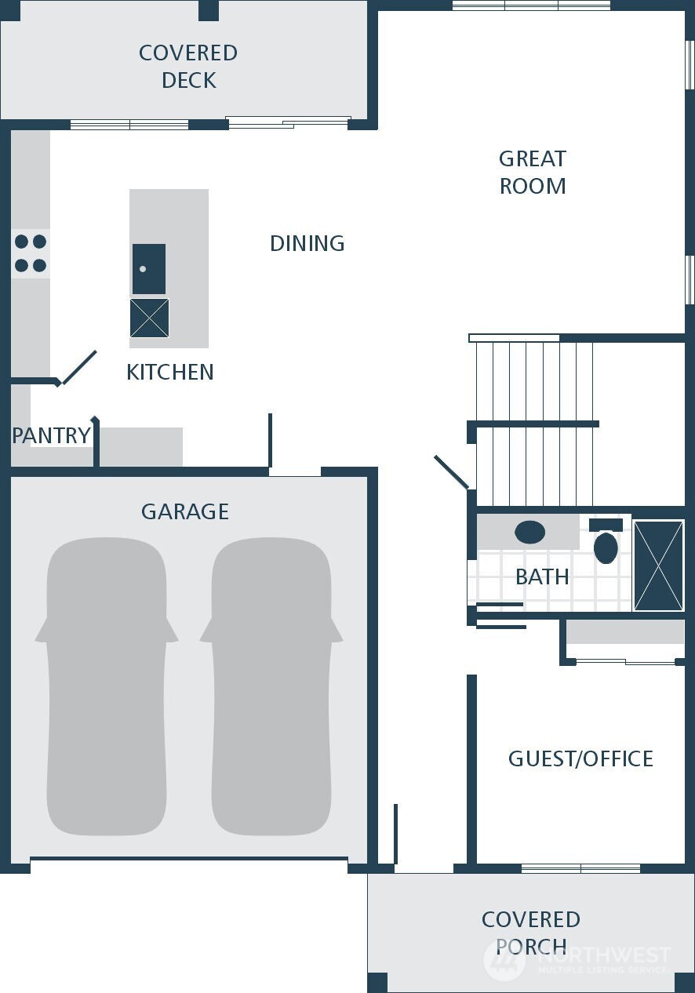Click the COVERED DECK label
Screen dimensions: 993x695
tap(188, 67)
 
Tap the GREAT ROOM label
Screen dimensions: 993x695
tap(533, 173)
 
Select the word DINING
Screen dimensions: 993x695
tap(307, 243)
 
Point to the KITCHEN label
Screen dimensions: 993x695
tap(170, 372)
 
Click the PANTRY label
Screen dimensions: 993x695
tap(51, 435)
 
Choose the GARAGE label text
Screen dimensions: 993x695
tap(185, 511)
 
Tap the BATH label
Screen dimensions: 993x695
tap(542, 577)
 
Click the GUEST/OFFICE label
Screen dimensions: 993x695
tap(580, 758)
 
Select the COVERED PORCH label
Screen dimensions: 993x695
tap(531, 933)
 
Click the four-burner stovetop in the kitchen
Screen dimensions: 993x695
tap(30, 253)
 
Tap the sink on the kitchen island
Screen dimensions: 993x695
tap(148, 269)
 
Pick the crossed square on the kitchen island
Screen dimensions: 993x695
tap(149, 318)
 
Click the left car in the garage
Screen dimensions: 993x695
tap(107, 686)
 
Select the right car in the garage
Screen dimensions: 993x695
tap(271, 686)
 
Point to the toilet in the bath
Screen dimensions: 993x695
tap(606, 543)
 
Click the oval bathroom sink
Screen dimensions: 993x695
tap(530, 533)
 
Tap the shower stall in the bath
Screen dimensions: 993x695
tap(658, 565)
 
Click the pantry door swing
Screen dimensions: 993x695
tap(79, 368)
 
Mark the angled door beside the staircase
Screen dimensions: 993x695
tap(451, 471)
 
